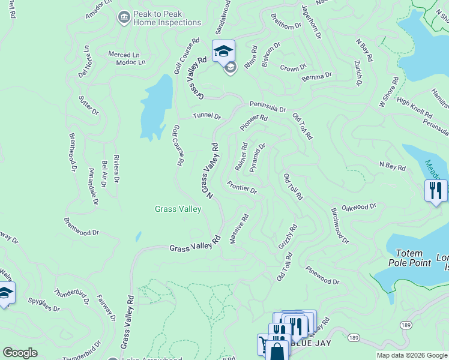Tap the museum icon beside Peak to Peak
[124, 16]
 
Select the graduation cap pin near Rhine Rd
[223, 51]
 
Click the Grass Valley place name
[178, 209]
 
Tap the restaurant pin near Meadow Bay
[436, 191]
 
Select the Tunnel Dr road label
[207, 115]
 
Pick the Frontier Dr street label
[242, 188]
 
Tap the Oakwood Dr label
[358, 207]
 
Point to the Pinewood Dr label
[322, 276]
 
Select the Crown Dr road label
[294, 68]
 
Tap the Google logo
[20, 353]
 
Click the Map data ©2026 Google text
[411, 355]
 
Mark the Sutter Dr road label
[88, 105]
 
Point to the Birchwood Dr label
[339, 227]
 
